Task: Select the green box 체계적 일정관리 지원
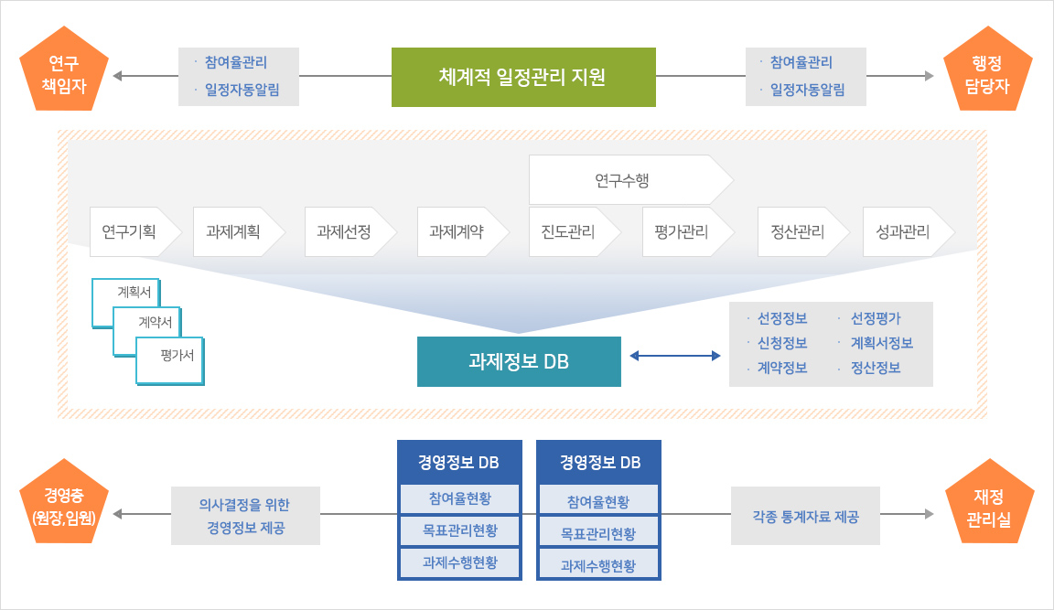(523, 77)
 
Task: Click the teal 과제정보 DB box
(519, 361)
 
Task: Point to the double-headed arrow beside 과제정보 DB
(674, 355)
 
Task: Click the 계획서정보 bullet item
(881, 343)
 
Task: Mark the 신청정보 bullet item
(782, 343)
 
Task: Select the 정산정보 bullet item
(876, 368)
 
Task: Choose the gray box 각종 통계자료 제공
(805, 517)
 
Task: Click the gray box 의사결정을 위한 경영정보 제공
(245, 516)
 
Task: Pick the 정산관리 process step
(797, 231)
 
